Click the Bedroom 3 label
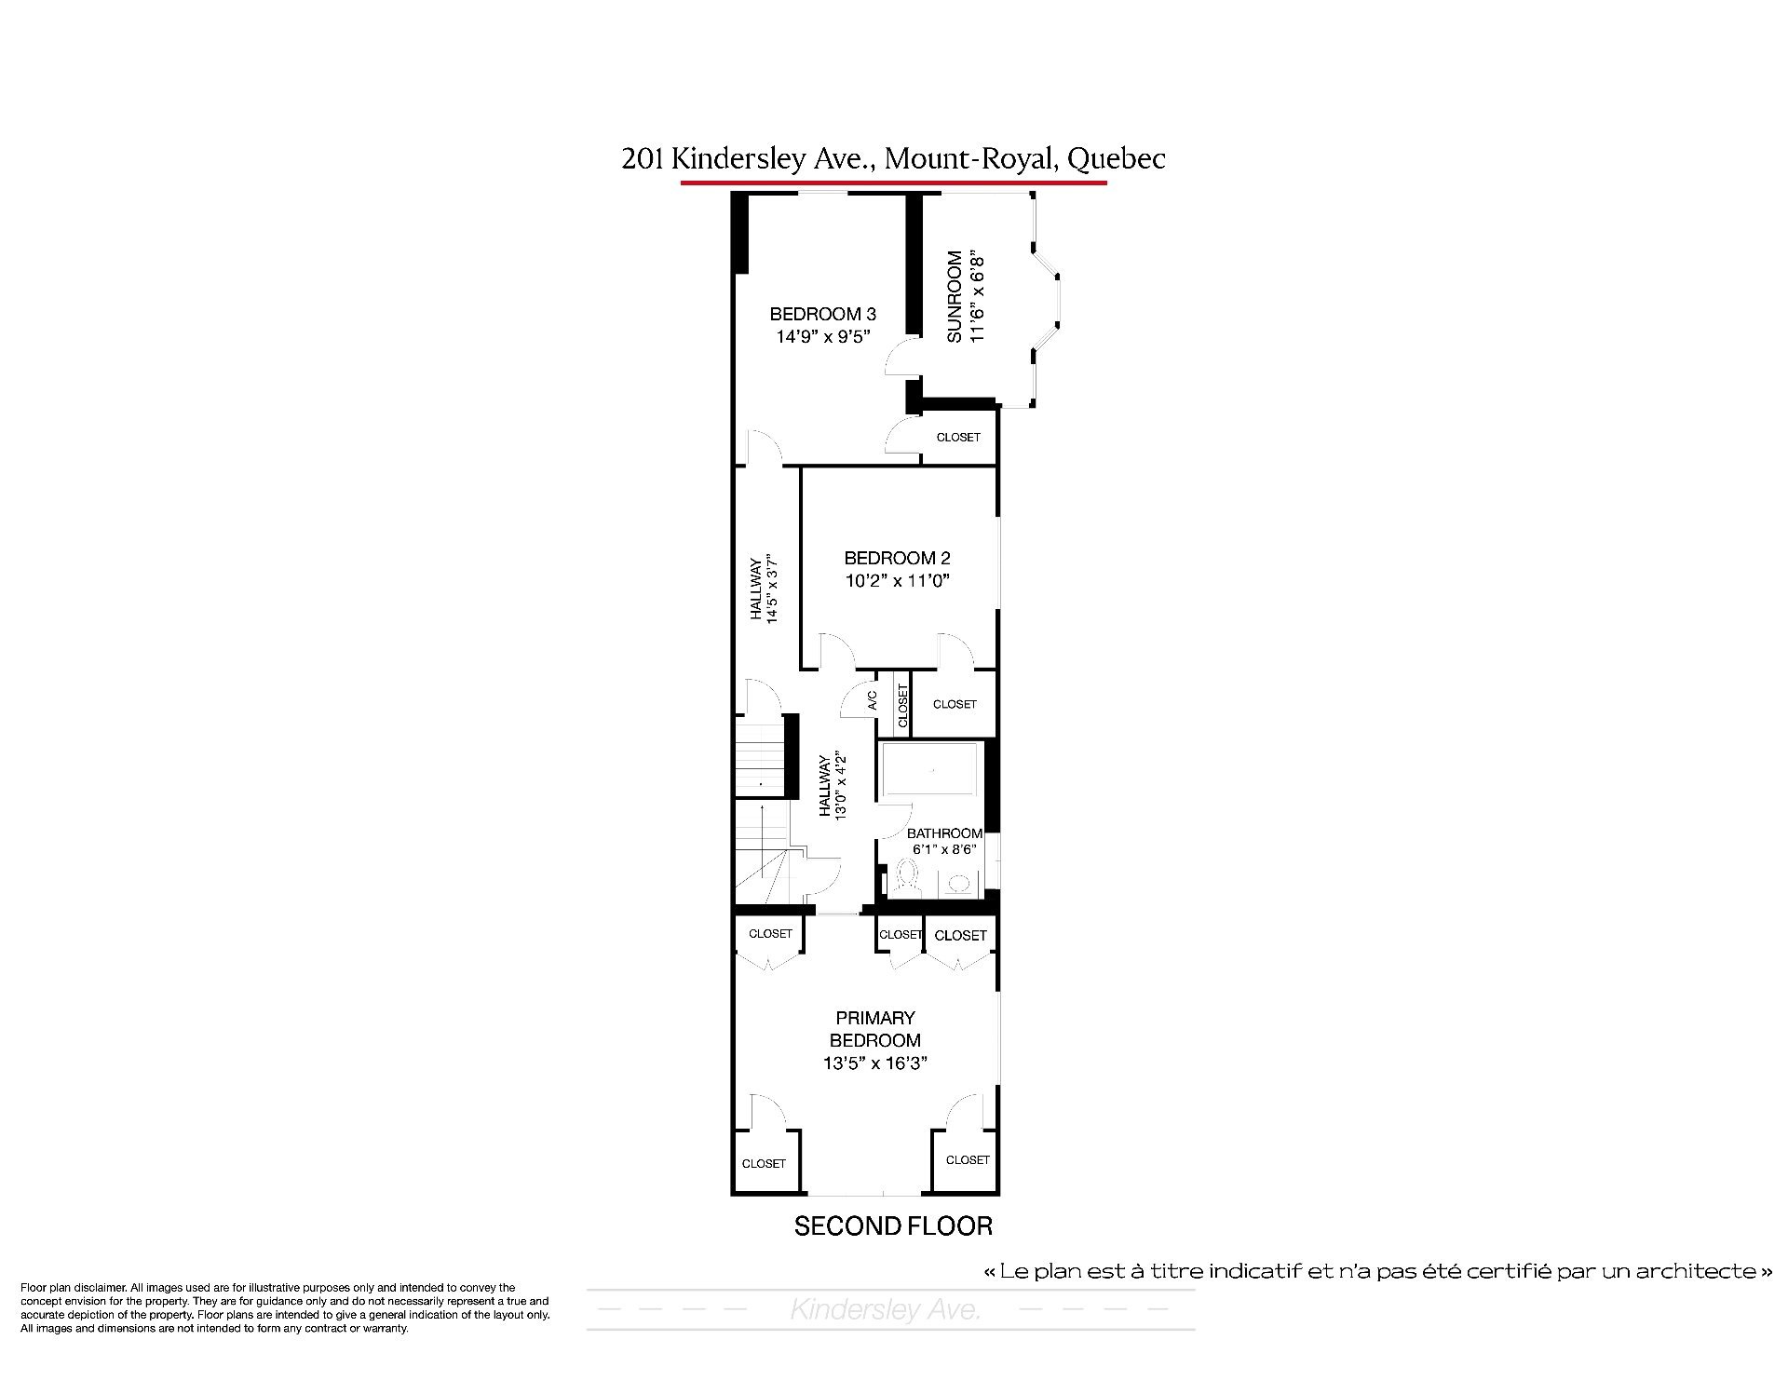click(x=822, y=315)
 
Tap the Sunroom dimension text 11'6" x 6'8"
click(x=977, y=296)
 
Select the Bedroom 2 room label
click(x=897, y=559)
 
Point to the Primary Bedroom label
click(x=875, y=1029)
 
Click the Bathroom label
click(x=944, y=833)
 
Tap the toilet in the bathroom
click(x=903, y=878)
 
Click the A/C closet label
click(x=873, y=700)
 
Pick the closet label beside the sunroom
click(x=958, y=437)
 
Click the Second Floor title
click(x=893, y=1226)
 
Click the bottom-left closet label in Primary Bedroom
click(x=764, y=1163)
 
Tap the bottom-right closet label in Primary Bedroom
click(x=968, y=1159)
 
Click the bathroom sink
click(x=957, y=884)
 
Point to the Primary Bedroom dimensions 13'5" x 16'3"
click(x=875, y=1063)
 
